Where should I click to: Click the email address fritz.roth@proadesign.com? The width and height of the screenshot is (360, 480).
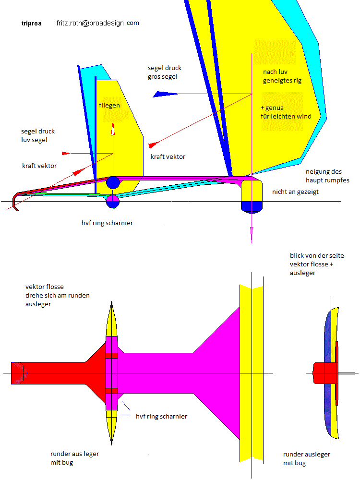[x=97, y=23]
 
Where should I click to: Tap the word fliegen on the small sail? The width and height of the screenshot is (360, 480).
[x=109, y=105]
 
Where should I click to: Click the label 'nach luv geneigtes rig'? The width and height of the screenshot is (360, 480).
[x=282, y=76]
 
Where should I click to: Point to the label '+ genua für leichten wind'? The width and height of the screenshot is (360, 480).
[x=286, y=112]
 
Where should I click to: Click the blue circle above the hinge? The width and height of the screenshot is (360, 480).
[x=113, y=182]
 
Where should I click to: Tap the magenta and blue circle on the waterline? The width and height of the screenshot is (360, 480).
[x=113, y=202]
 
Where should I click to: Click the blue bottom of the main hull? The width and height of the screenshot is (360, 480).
[x=252, y=206]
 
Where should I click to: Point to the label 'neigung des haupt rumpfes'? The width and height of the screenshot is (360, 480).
[x=327, y=176]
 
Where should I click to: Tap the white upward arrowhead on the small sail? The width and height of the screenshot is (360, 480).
[x=113, y=129]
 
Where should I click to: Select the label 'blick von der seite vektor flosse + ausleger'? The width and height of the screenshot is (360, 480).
[x=317, y=264]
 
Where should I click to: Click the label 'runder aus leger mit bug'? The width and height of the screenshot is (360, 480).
[x=74, y=458]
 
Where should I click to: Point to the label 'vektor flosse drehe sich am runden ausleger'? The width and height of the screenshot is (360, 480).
[x=58, y=295]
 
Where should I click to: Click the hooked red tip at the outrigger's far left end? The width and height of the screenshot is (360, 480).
[x=16, y=202]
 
